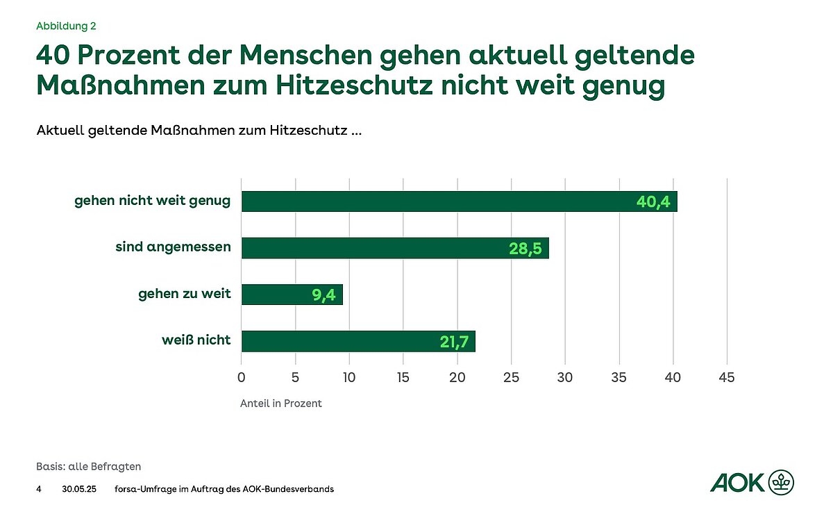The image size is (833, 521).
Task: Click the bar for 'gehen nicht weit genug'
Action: pos(458,201)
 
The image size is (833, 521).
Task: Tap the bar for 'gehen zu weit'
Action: pos(292,295)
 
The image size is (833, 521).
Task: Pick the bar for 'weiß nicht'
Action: pos(357,341)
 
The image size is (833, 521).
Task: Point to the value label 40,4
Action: pos(654,202)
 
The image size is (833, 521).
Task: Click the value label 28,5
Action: pos(525,249)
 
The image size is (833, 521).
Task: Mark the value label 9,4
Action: pos(323,295)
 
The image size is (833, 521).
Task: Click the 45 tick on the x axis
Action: pos(727,378)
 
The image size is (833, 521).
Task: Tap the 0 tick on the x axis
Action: pos(241,378)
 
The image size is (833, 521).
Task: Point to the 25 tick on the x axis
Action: pos(511,378)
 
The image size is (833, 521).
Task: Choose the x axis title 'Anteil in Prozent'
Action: pos(281,404)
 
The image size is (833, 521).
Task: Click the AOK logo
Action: pos(752,481)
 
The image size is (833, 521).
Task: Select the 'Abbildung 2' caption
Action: pos(66,26)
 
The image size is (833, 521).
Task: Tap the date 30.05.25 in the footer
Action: pos(78,489)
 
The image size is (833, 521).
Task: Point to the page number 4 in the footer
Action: pos(39,489)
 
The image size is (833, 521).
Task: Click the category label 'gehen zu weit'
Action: pos(185,295)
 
